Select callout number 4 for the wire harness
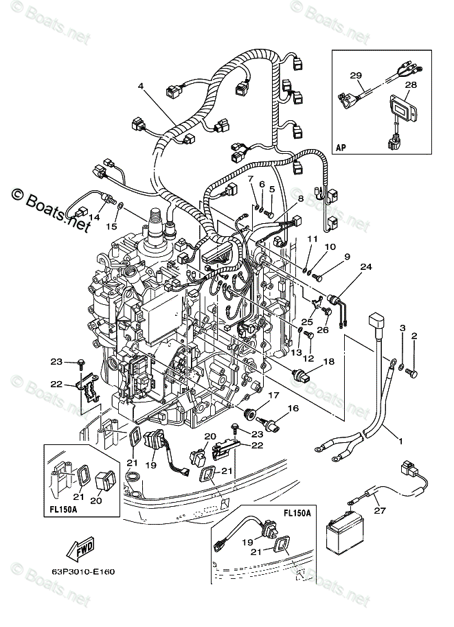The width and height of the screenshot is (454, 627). tap(141, 87)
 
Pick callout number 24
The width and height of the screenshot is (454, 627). tap(365, 267)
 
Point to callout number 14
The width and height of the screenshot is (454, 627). tap(93, 218)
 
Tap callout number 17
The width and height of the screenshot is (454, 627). tap(273, 395)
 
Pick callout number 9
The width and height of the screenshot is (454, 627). tap(348, 257)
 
